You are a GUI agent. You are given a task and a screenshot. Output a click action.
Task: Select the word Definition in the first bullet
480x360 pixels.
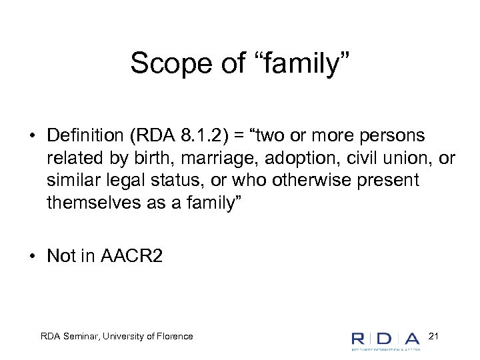click(87, 136)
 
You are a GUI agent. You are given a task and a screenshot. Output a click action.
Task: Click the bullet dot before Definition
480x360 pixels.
click(32, 136)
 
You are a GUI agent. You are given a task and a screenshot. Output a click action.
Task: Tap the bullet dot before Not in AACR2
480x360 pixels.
click(32, 256)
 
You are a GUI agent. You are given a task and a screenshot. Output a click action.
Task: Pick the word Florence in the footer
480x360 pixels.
click(175, 336)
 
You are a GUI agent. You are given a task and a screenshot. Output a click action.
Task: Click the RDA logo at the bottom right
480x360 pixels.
click(385, 339)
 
